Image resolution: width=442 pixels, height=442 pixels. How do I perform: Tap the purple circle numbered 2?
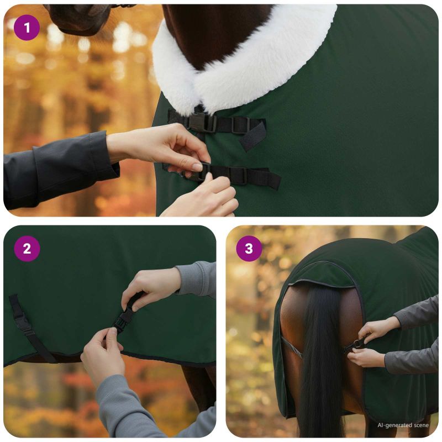pos(27,249)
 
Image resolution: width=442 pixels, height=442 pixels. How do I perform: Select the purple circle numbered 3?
pos(249,249)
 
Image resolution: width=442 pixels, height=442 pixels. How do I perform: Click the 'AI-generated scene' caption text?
pos(403,425)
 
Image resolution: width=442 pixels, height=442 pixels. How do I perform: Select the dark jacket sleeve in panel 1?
pos(56,169)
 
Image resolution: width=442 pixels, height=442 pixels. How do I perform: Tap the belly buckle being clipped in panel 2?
pos(124,319)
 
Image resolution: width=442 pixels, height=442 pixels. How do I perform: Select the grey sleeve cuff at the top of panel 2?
pos(197,279)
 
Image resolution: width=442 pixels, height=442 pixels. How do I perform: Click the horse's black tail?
pos(322,361)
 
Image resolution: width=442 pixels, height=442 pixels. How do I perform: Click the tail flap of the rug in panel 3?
pos(322,275)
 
